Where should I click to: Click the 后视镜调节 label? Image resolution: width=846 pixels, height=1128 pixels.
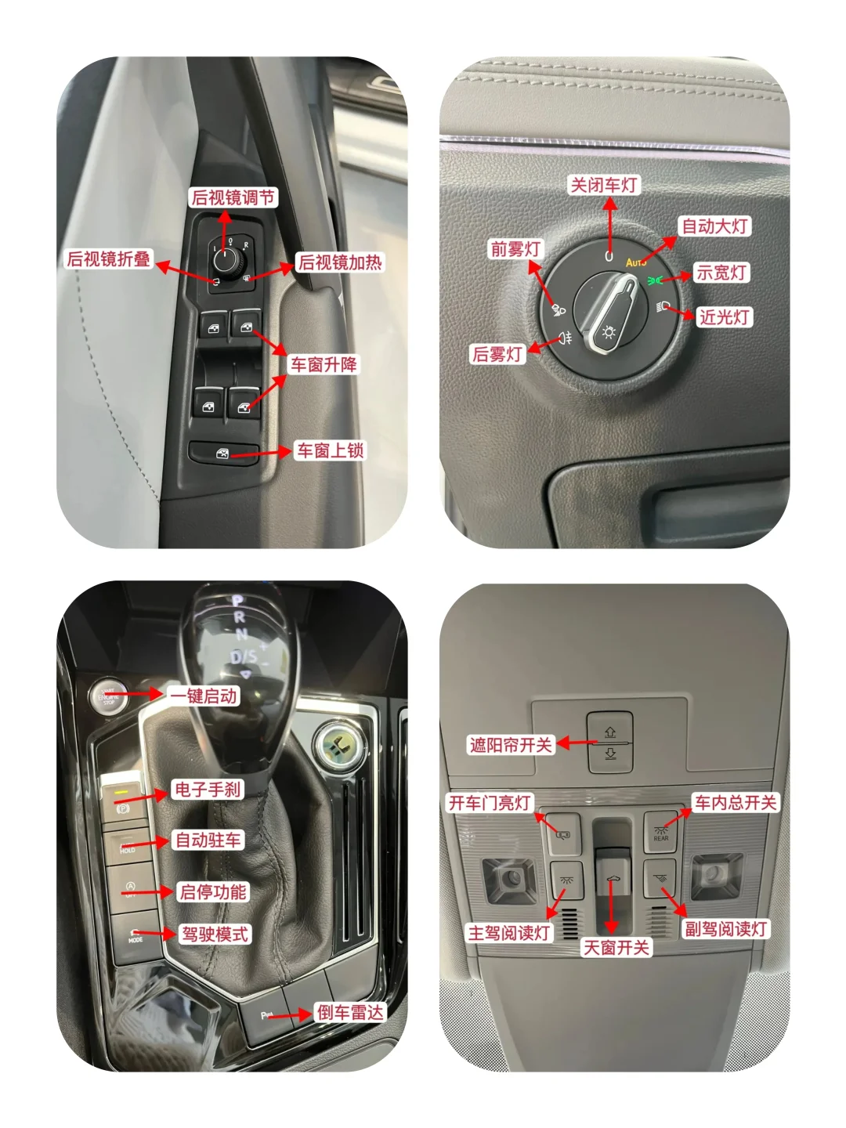[x=233, y=197]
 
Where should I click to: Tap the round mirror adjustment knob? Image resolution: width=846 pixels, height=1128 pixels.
[x=225, y=260]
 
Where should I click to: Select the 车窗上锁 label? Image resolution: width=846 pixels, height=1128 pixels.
[x=331, y=450]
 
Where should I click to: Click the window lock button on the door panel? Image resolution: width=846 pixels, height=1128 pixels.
[x=223, y=453]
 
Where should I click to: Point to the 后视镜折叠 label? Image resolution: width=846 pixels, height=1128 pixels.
[x=109, y=259]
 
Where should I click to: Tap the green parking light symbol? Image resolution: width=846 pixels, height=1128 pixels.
[x=654, y=280]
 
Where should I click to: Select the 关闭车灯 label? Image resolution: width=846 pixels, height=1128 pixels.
[x=604, y=185]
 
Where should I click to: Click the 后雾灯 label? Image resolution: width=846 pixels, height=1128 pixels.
[x=497, y=353]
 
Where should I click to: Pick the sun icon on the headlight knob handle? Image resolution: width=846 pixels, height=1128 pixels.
[x=609, y=332]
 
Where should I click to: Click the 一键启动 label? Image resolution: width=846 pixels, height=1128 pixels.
[x=204, y=696]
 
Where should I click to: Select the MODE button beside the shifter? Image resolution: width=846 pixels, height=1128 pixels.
[x=135, y=937]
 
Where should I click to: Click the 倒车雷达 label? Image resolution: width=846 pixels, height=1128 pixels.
[x=350, y=1012]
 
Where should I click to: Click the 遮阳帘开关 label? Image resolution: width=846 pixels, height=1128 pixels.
[x=511, y=745]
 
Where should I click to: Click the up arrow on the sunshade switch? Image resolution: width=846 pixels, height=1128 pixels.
[x=610, y=732]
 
